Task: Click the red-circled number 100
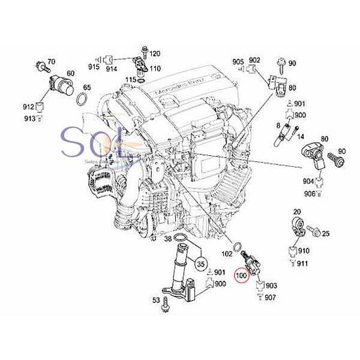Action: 241,277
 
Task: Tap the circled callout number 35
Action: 201,263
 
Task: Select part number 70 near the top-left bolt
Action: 51,62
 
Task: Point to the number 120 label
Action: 154,53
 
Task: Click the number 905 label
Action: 238,61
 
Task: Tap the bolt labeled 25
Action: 314,231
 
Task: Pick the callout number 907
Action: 271,298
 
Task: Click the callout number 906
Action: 309,193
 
